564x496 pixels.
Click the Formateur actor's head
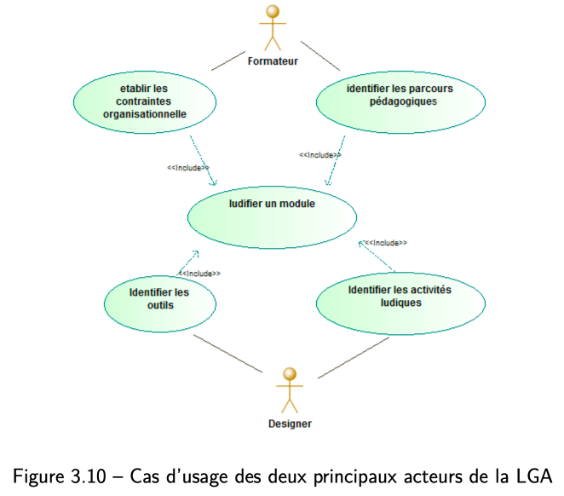coord(273,12)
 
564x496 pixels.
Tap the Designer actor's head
coord(290,374)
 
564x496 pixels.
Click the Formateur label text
coord(273,61)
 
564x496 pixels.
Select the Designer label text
coord(290,424)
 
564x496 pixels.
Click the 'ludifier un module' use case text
coord(272,204)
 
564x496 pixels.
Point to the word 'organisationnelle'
coord(145,114)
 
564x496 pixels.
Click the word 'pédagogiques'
coord(403,101)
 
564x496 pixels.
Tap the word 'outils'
coord(160,305)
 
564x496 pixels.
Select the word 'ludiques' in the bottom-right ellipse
coord(401,303)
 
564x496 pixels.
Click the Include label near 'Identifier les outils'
coord(199,274)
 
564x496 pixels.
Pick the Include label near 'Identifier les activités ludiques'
coord(386,243)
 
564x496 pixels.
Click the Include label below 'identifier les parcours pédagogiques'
coord(320,155)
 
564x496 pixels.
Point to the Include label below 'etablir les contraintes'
coord(188,168)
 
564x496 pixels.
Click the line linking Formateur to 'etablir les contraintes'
coord(228,61)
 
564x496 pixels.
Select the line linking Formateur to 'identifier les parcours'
coord(320,55)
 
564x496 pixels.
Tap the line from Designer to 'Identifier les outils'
coord(228,354)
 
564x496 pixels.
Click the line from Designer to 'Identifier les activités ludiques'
coord(354,358)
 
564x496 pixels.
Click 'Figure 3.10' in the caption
coord(60,476)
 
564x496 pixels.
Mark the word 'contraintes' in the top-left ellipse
coord(143,101)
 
